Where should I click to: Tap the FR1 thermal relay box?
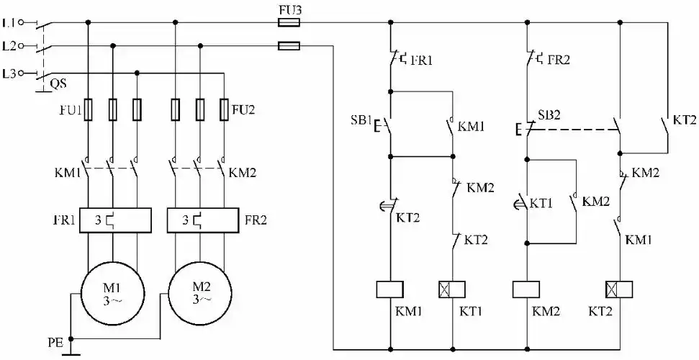(x=114, y=220)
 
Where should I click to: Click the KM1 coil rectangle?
(x=389, y=289)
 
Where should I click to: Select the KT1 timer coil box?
(x=452, y=289)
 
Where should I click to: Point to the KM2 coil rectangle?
(x=527, y=289)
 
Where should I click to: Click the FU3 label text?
(x=288, y=9)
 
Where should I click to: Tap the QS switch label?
(x=58, y=84)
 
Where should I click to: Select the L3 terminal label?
(x=9, y=73)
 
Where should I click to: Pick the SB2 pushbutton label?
(x=549, y=115)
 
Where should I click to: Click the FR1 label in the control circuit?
(x=422, y=61)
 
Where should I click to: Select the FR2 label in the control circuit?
(x=559, y=60)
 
